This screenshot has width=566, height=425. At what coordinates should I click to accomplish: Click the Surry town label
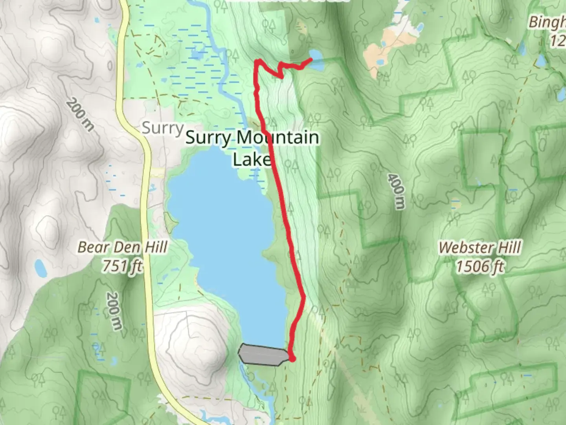pyautogui.click(x=162, y=128)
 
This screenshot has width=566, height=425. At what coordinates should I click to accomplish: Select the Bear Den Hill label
pyautogui.click(x=123, y=247)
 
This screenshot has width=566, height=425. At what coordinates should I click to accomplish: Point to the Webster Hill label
pyautogui.click(x=480, y=248)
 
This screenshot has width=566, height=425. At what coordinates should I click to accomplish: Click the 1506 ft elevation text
pyautogui.click(x=480, y=267)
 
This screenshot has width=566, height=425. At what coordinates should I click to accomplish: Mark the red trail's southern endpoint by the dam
pyautogui.click(x=292, y=358)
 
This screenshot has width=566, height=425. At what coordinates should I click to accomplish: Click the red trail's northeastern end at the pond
pyautogui.click(x=311, y=59)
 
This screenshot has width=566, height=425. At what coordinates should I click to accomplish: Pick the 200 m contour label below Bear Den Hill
pyautogui.click(x=114, y=311)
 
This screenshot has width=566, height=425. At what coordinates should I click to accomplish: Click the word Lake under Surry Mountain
pyautogui.click(x=252, y=160)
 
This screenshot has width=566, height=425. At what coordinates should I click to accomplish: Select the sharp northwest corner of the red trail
pyautogui.click(x=257, y=61)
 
